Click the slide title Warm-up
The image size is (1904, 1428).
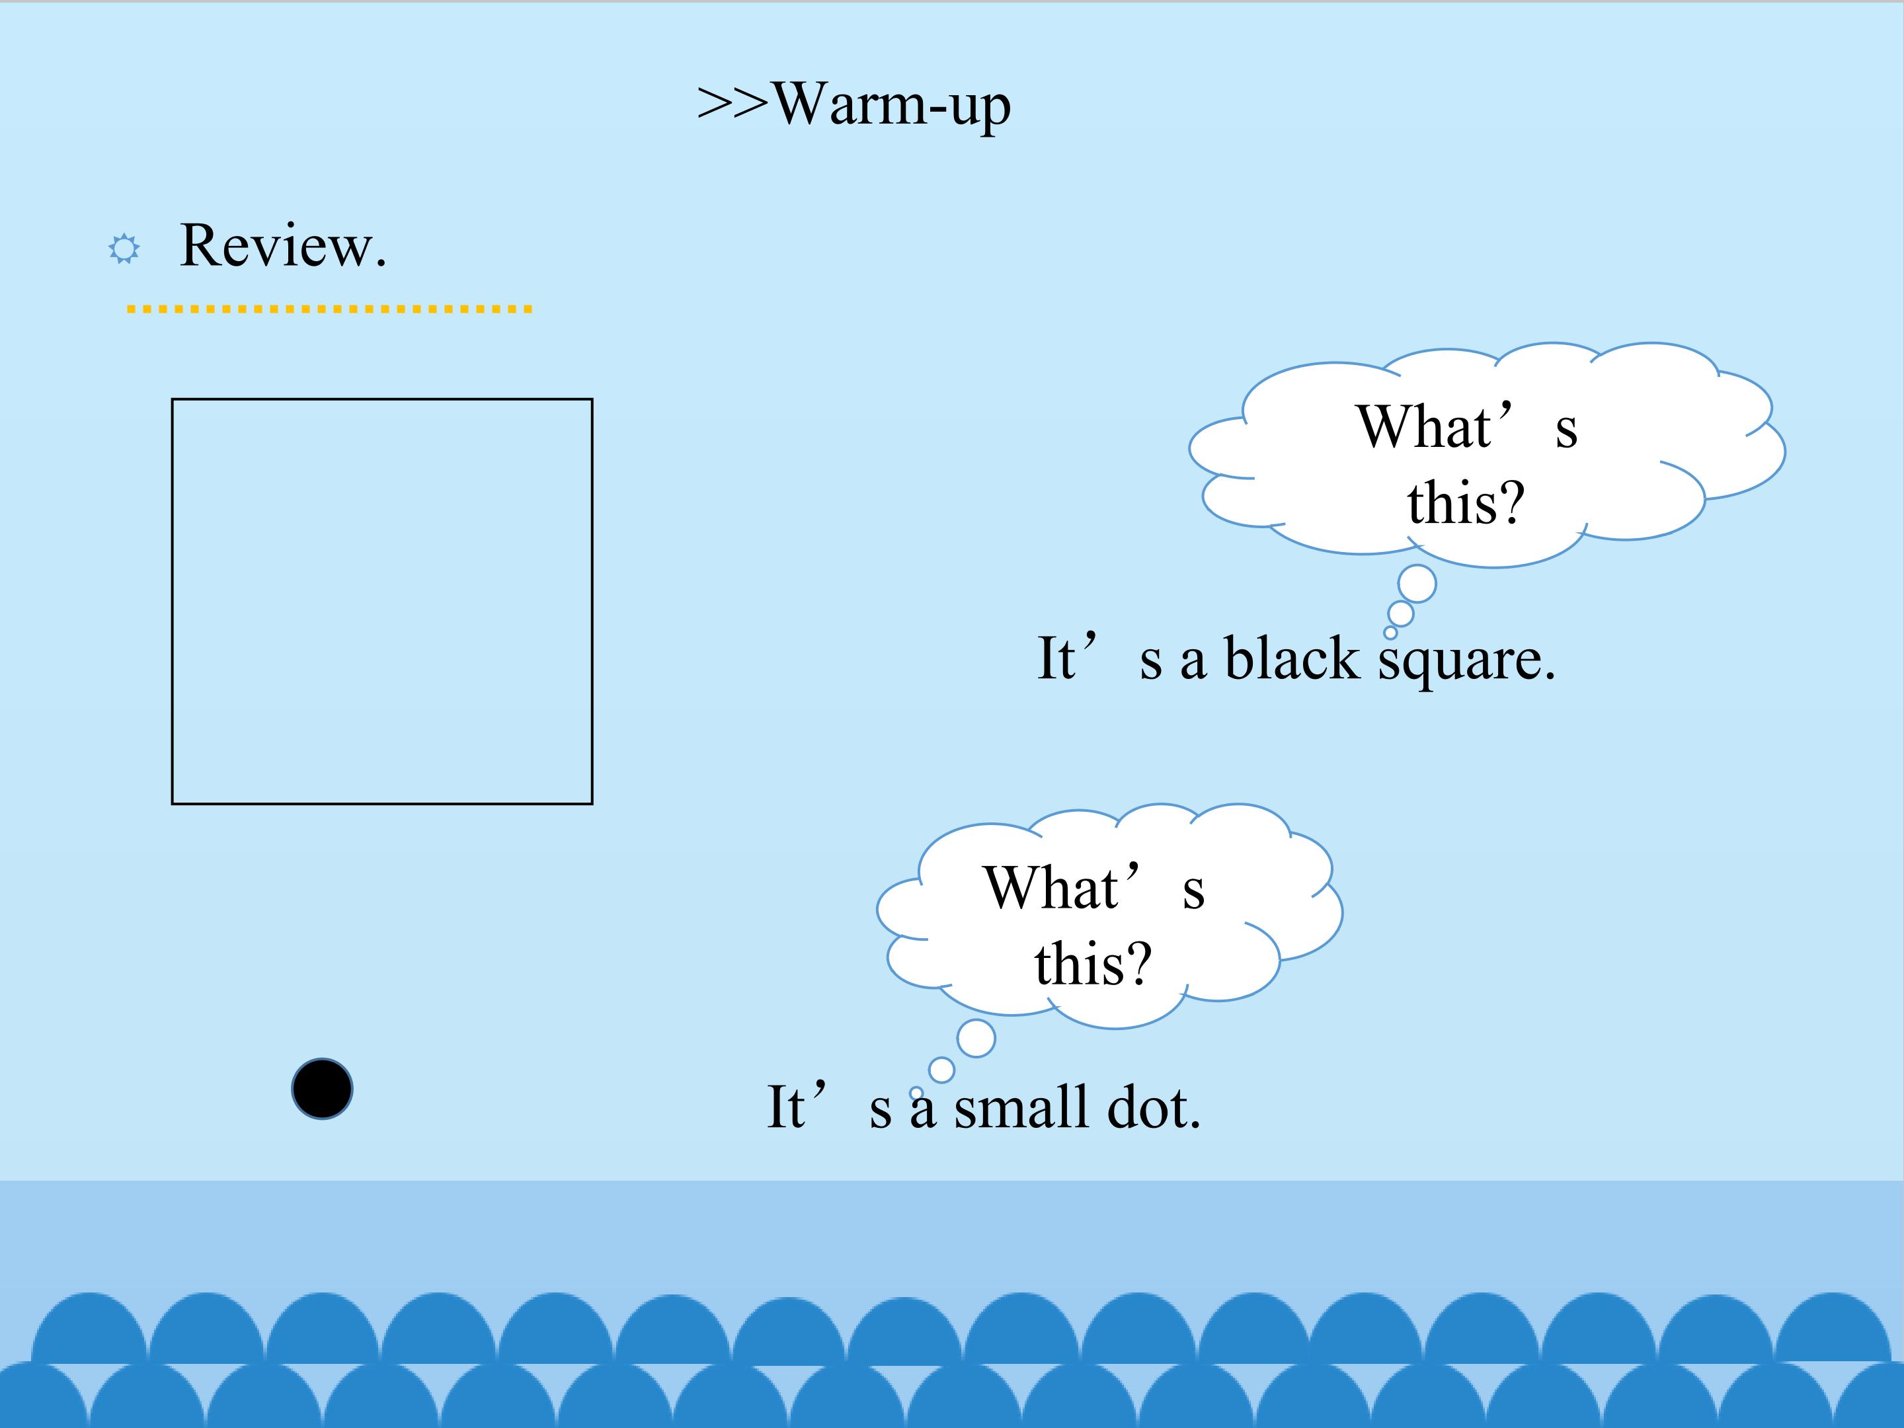[x=892, y=105]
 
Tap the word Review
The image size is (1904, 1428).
[x=283, y=245]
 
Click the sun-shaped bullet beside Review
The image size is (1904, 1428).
[x=124, y=249]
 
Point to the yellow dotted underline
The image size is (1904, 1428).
[x=330, y=308]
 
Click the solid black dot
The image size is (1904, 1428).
[x=322, y=1089]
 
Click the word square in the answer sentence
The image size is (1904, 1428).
[x=1467, y=663]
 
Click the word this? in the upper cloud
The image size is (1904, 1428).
[x=1466, y=502]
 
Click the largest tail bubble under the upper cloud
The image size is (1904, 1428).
[x=1417, y=584]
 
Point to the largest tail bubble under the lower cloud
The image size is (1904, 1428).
[x=976, y=1038]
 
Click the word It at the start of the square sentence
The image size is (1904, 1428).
[x=1056, y=658]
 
